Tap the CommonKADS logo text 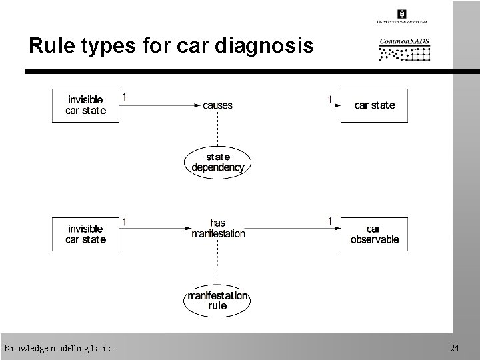pos(404,42)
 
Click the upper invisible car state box pos(85,105)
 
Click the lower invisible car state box pos(85,233)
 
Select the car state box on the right pos(374,105)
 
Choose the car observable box pos(374,234)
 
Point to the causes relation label pos(217,105)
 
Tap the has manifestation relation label pos(217,228)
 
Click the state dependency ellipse pos(217,162)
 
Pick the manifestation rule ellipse pos(217,301)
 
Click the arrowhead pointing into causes pos(197,105)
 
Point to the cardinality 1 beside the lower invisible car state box pos(125,222)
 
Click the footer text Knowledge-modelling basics pos(59,348)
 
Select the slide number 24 pos(454,348)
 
